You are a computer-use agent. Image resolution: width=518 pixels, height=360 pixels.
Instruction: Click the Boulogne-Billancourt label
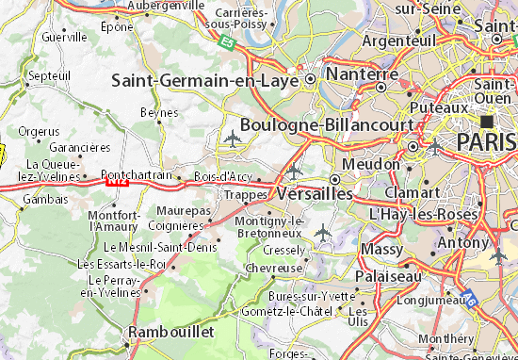point(327,124)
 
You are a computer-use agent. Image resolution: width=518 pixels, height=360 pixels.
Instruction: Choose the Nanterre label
point(360,74)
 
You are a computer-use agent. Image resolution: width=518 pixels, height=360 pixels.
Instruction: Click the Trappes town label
point(244,194)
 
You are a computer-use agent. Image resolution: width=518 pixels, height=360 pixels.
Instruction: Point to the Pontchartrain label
point(137,174)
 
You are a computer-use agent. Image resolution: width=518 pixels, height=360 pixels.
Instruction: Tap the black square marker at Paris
point(487,122)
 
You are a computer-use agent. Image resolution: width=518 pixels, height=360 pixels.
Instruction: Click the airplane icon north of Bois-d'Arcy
point(233,139)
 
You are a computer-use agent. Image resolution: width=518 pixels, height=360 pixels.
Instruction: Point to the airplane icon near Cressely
point(323,230)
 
